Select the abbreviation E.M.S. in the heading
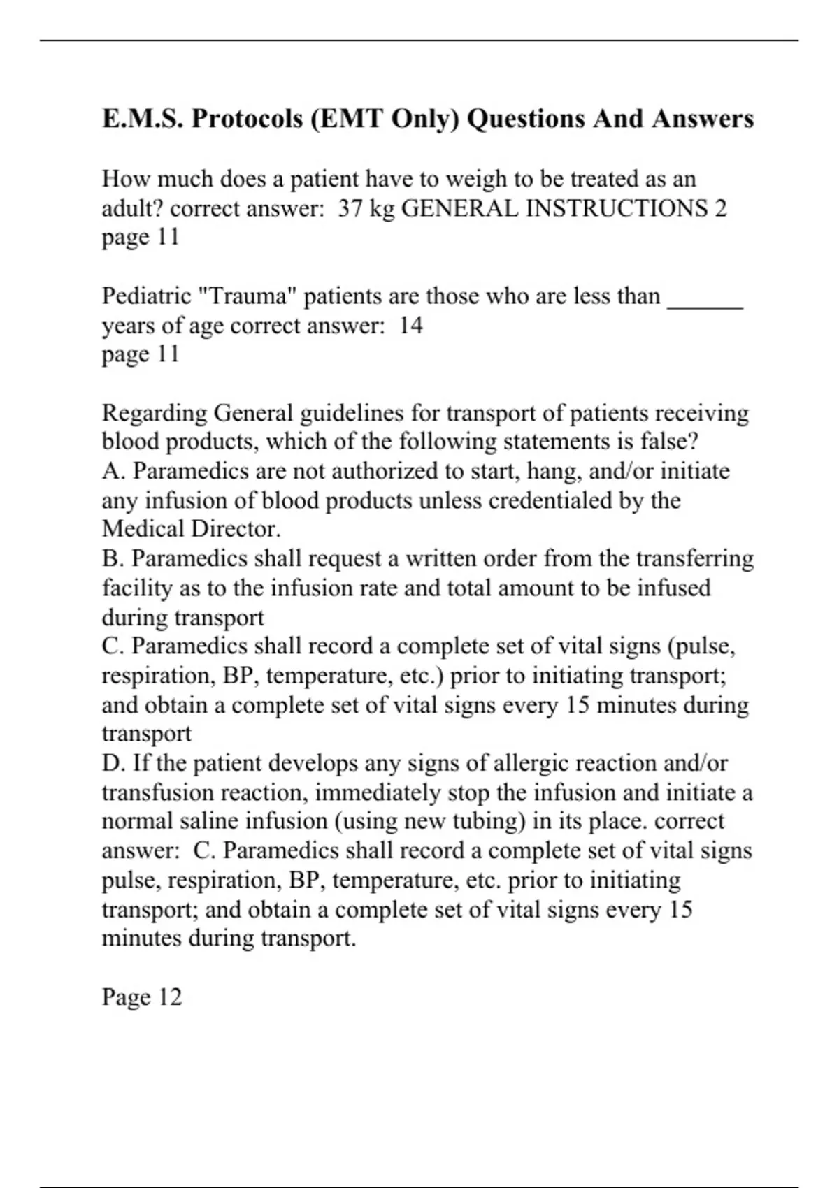[x=142, y=119]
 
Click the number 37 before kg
[x=350, y=209]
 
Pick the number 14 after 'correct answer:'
[x=410, y=326]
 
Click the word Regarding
[x=155, y=413]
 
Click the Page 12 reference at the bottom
[x=142, y=997]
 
